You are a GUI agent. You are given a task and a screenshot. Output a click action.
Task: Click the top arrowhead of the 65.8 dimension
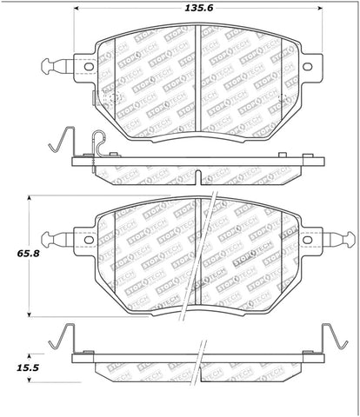click(31, 199)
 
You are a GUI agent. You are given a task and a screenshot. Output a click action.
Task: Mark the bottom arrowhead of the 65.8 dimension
click(31, 312)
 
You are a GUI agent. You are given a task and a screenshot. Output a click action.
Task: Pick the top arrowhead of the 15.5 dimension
click(31, 354)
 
